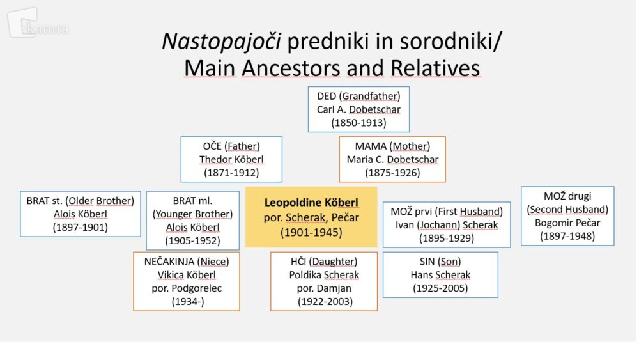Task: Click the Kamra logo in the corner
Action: (x=38, y=24)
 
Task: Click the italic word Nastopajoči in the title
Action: (x=221, y=41)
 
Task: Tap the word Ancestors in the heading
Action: (x=291, y=68)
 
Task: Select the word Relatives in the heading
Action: (x=435, y=68)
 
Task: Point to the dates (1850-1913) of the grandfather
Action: (x=358, y=123)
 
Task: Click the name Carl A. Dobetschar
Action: (x=358, y=109)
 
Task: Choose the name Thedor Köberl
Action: (x=231, y=159)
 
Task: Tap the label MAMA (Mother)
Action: (x=392, y=146)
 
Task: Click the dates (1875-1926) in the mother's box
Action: (x=392, y=173)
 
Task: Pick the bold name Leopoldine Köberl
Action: (x=311, y=202)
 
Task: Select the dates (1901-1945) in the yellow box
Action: (x=311, y=232)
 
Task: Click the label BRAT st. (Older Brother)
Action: (x=81, y=201)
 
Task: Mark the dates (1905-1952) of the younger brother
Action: (x=193, y=240)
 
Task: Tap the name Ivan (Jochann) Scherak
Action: (x=447, y=224)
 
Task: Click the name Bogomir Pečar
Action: (x=567, y=223)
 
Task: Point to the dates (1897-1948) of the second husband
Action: (x=567, y=236)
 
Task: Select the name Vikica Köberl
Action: (x=187, y=275)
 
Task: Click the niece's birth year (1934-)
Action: (x=188, y=302)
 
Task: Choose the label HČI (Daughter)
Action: (x=324, y=262)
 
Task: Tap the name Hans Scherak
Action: (x=440, y=275)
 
